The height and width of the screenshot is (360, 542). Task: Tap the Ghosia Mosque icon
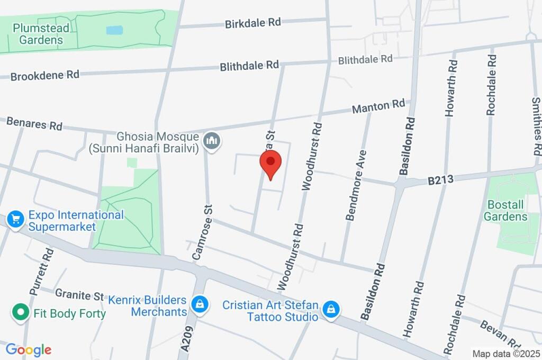(212, 141)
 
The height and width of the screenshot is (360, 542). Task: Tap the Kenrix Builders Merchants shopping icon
(200, 304)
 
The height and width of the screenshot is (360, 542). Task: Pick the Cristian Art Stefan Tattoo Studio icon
(331, 309)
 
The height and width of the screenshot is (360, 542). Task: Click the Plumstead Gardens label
(38, 33)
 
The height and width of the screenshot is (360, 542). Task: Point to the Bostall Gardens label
(508, 210)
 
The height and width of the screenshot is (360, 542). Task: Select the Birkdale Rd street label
(252, 23)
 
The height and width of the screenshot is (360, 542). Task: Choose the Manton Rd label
(378, 106)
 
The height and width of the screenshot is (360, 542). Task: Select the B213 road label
(440, 180)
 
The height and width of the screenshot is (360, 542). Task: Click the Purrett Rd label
(42, 270)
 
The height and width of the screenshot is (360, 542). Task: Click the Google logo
(29, 349)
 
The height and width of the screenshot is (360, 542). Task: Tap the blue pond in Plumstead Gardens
(114, 30)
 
